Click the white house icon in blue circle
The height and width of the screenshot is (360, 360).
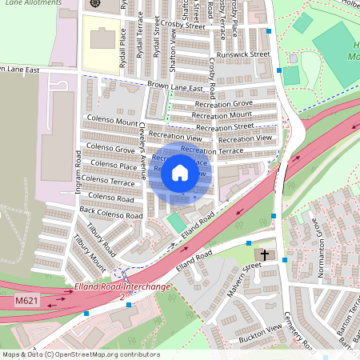(180, 173)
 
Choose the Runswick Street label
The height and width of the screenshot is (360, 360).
(249, 55)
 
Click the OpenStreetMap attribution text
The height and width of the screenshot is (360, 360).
(80, 354)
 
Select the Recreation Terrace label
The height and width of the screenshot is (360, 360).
(211, 150)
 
